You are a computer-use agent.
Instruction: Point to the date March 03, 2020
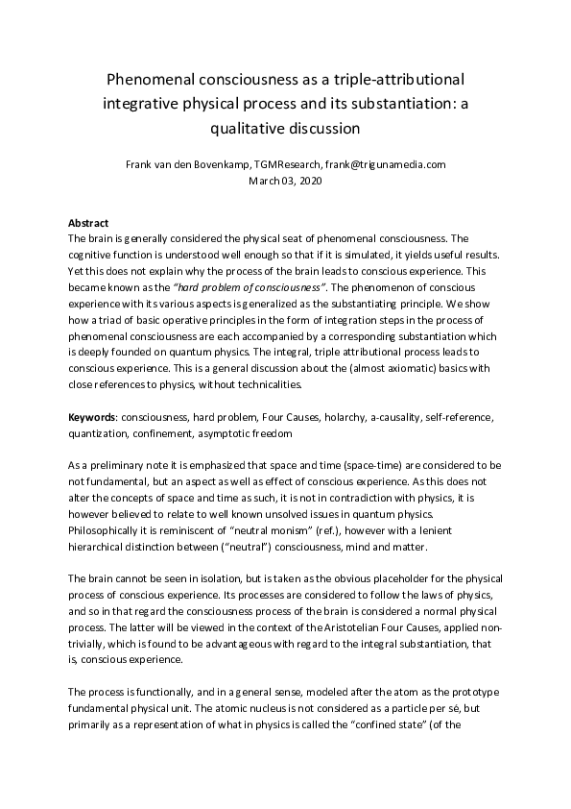285,180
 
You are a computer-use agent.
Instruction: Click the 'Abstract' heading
88,223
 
